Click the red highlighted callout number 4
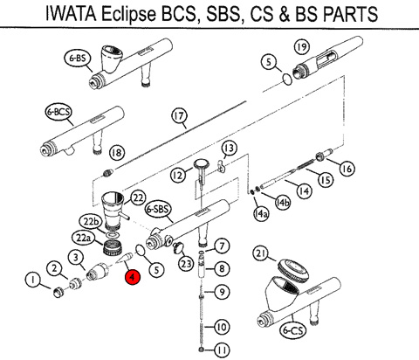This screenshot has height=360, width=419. click(133, 277)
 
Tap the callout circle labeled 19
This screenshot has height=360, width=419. click(302, 46)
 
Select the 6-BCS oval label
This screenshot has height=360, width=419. click(58, 112)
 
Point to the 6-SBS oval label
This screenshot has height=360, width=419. click(158, 209)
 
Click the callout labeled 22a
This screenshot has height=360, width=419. click(84, 239)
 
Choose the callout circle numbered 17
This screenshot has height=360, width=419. click(179, 116)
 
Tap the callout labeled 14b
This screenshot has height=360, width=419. click(283, 203)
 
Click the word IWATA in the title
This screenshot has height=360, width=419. click(71, 13)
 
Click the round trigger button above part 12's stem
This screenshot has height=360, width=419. click(202, 163)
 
